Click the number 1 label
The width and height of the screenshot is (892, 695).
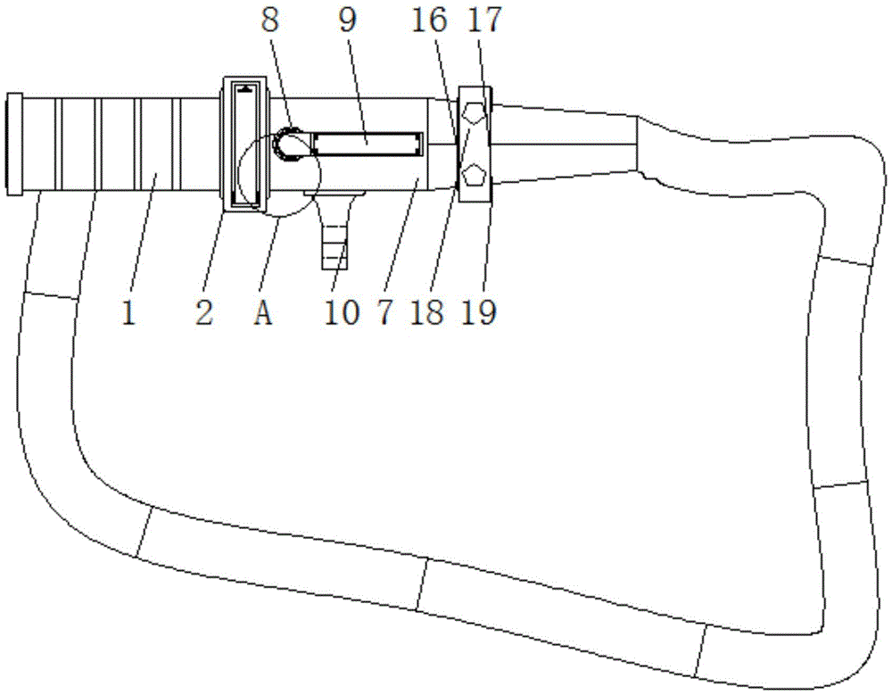tap(129, 312)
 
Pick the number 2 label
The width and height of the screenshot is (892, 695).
tap(204, 312)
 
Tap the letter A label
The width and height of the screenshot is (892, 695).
tap(263, 312)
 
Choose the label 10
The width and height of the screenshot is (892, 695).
tap(342, 312)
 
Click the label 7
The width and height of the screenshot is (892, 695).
tap(385, 312)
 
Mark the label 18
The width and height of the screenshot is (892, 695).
tap(427, 312)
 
